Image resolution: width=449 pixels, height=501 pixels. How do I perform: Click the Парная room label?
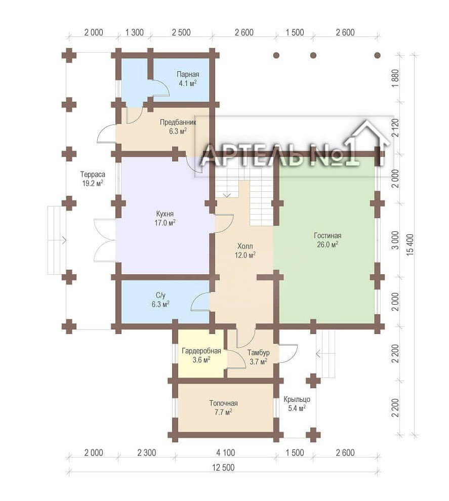click(188, 79)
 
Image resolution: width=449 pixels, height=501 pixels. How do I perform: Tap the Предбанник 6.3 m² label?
click(178, 127)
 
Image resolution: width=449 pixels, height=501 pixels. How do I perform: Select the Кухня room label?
click(165, 218)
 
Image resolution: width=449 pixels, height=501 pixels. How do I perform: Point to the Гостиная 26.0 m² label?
click(328, 240)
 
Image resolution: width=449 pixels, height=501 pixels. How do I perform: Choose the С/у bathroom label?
click(160, 300)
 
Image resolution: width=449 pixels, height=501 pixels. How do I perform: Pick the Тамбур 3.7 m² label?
click(258, 357)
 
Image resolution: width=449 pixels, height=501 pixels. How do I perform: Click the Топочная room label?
click(223, 408)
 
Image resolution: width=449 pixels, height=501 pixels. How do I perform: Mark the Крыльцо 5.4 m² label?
click(297, 403)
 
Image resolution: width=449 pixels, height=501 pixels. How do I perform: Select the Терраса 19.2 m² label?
click(93, 179)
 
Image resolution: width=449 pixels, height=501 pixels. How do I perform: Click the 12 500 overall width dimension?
click(223, 468)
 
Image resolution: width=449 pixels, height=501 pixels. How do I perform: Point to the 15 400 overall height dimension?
click(410, 245)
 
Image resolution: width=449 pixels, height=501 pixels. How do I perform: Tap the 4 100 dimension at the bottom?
click(226, 453)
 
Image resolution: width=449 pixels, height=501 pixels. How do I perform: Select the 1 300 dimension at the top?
click(135, 32)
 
